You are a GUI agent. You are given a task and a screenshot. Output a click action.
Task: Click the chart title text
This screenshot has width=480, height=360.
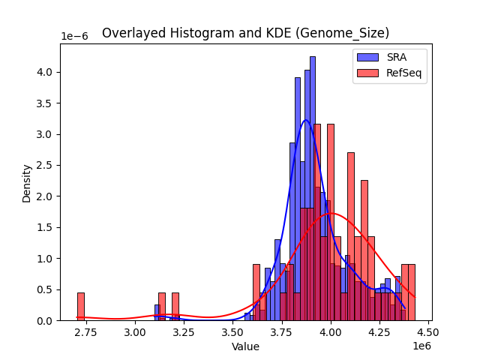pyautogui.click(x=245, y=33)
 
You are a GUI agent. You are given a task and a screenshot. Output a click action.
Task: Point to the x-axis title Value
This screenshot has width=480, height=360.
pyautogui.click(x=245, y=347)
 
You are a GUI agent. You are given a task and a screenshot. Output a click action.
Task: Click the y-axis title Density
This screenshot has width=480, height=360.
pyautogui.click(x=27, y=184)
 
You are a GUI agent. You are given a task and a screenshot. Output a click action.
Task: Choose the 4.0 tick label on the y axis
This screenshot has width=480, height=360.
pyautogui.click(x=46, y=73)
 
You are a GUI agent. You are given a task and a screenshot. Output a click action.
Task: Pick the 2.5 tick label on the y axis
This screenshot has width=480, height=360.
pyautogui.click(x=46, y=166)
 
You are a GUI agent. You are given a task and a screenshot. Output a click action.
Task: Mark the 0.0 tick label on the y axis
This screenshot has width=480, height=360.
pyautogui.click(x=46, y=321)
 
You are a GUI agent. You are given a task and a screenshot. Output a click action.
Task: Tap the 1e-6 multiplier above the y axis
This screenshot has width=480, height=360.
pyautogui.click(x=73, y=36)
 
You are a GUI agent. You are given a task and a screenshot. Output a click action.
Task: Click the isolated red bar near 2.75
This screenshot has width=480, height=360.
pyautogui.click(x=81, y=307)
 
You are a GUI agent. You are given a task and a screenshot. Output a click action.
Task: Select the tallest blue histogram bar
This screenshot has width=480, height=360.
pyautogui.click(x=313, y=187)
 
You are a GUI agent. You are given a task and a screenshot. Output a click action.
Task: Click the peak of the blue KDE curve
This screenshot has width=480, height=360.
pyautogui.click(x=305, y=120)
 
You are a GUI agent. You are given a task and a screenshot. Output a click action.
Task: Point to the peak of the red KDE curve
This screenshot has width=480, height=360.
pyautogui.click(x=331, y=214)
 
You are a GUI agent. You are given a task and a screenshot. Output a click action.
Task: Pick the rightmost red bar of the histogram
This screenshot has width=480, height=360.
pyautogui.click(x=412, y=292)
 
